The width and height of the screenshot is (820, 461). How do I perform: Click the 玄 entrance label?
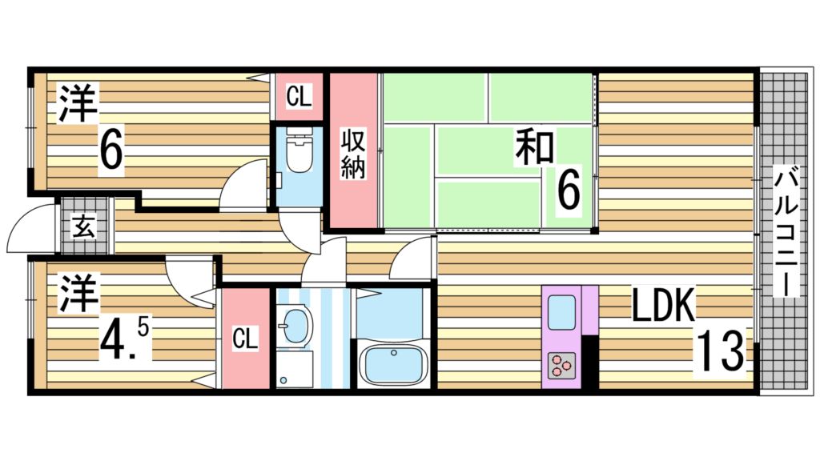tap(85, 227)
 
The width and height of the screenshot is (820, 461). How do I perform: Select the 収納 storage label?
tap(353, 154)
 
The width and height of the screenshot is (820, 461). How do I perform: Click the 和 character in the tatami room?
tap(534, 148)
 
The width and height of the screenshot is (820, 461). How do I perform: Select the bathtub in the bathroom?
tap(392, 363)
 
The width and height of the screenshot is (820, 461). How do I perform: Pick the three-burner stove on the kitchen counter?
tap(561, 366)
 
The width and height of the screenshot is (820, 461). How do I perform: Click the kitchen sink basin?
tap(561, 311)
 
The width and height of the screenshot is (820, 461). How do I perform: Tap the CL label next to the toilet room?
tap(299, 98)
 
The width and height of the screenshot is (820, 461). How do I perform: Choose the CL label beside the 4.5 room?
tap(244, 339)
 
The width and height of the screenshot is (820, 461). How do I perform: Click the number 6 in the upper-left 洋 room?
tap(111, 149)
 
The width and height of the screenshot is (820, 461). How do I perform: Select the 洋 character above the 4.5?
tap(77, 294)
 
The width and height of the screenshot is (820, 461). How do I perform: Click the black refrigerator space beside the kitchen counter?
tap(590, 362)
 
